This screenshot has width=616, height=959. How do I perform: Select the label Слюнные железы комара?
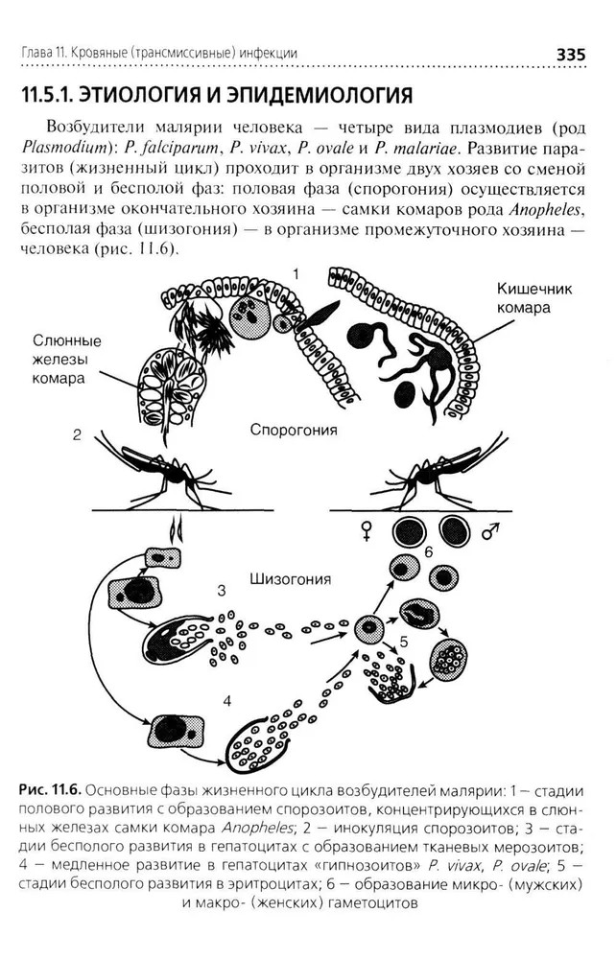[67, 359]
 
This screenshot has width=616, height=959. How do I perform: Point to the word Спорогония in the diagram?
[294, 431]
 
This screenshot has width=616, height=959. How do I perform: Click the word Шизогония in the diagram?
[290, 579]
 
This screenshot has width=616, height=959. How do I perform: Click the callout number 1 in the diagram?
[296, 274]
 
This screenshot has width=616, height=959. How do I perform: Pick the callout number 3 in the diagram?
[222, 589]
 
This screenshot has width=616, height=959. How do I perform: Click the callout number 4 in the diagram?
[226, 700]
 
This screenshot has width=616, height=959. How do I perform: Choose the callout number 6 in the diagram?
[429, 553]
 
